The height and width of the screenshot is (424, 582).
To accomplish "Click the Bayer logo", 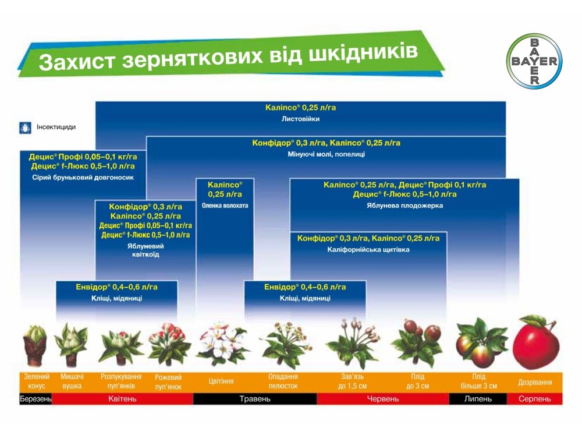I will point(534,61).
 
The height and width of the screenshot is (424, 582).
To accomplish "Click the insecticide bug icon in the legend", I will point(26,126).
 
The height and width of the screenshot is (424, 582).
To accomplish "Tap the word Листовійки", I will point(300,119).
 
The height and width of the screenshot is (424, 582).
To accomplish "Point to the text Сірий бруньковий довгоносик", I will point(82,177).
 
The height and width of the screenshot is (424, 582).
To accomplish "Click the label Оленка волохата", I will point(225,205).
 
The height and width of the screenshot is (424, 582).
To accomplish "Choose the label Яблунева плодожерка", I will point(404,205).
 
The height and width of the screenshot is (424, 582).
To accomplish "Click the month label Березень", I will point(36,399).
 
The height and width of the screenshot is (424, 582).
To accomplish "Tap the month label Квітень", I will point(122,399).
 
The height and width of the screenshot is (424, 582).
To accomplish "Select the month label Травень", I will point(255,399).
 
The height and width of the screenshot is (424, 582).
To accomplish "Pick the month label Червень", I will point(382,399).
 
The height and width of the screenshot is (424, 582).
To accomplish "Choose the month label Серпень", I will point(534,399).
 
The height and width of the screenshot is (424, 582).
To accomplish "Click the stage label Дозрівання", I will point(535,382).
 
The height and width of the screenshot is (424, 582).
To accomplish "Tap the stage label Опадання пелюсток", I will point(283,381).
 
